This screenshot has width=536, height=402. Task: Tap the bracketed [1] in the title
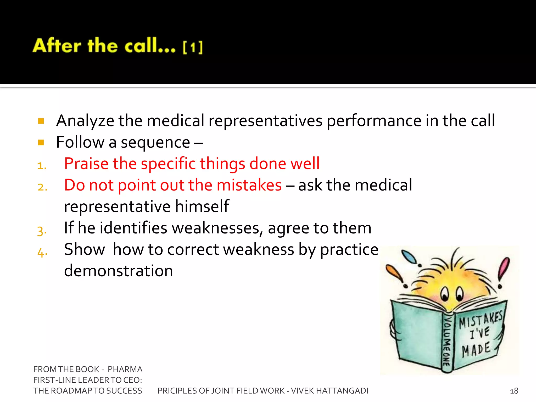coord(193,47)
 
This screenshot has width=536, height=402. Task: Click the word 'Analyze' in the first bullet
coord(85,121)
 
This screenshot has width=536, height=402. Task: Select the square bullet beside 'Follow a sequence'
coord(41,142)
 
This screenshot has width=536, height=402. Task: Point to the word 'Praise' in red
coord(86,164)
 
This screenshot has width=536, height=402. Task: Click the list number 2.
coord(42,187)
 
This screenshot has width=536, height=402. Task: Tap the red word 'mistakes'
coord(249,185)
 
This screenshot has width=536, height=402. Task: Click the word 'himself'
coord(202,206)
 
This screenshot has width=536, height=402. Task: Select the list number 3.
coord(42,231)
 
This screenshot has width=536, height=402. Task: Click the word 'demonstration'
coord(119,271)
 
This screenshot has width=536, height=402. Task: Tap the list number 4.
coord(42,252)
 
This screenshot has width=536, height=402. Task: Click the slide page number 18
coord(514,391)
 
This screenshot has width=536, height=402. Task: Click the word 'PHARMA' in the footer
coord(125,369)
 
